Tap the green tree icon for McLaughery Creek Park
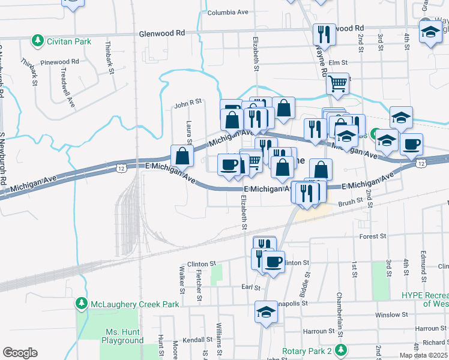pos(82,304)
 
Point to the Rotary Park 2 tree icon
pos(342,350)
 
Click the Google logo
pos(20,353)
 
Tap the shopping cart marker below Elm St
pos(338,83)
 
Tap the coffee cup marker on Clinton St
pos(274,262)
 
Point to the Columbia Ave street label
pos(227,12)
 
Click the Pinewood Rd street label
pos(60,62)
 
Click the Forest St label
pos(372,236)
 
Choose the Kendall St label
pos(198,340)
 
